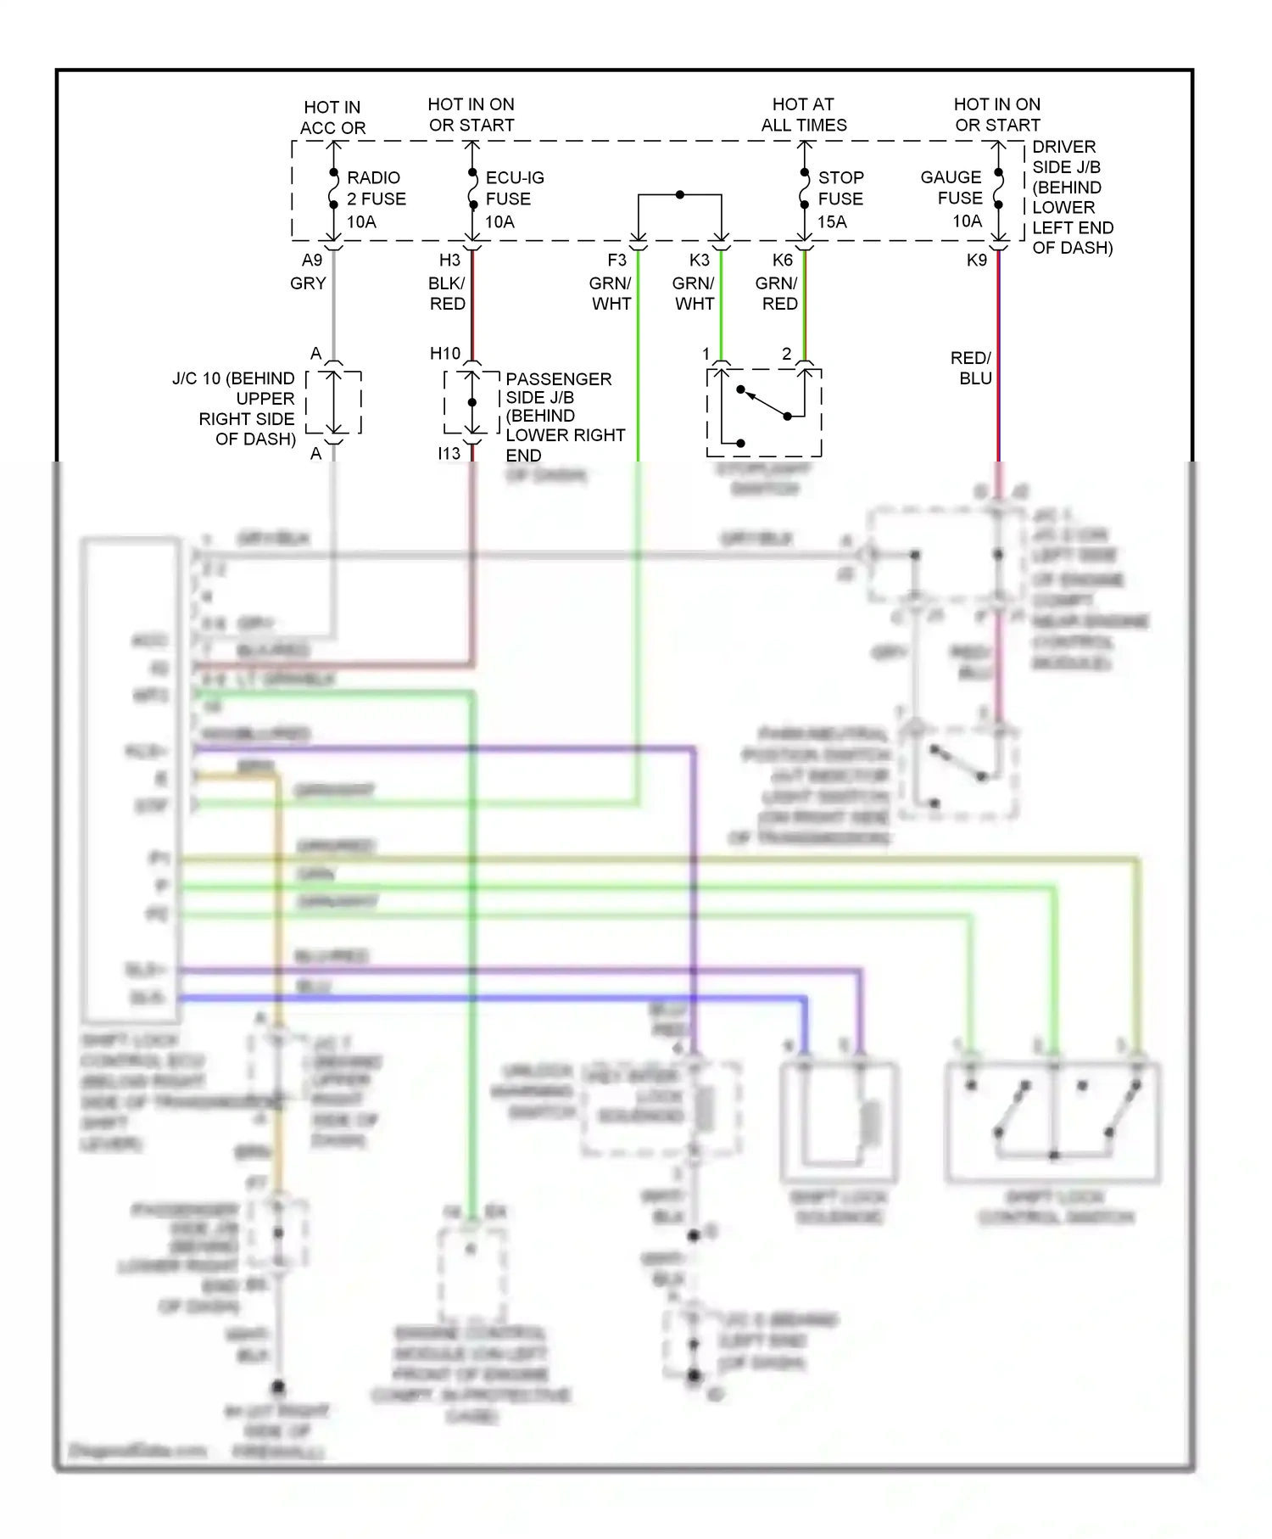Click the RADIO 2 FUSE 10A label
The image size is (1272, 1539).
(375, 199)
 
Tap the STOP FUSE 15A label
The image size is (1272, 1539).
(840, 199)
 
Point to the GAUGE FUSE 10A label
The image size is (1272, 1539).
(951, 199)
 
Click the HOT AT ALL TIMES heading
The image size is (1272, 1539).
(803, 115)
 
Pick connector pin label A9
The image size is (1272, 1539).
(312, 260)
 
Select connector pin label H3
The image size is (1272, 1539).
(449, 260)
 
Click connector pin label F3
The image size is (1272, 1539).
(616, 260)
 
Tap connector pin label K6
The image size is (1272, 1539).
(782, 260)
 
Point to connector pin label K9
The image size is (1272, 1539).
(976, 260)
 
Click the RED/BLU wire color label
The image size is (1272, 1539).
(970, 368)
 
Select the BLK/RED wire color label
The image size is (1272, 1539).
(447, 294)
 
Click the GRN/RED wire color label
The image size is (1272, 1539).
(777, 294)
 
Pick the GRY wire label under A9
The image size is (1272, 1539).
(308, 283)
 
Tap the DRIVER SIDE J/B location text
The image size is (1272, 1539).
(1070, 197)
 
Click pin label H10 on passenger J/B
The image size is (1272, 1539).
(444, 354)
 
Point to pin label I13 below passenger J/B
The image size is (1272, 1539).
(449, 454)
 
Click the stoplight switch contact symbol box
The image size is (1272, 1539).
(764, 412)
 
